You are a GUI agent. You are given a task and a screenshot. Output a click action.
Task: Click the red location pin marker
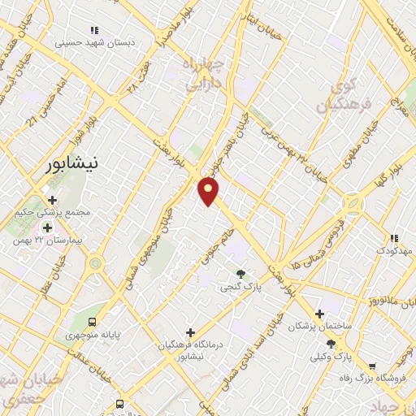click(x=209, y=191)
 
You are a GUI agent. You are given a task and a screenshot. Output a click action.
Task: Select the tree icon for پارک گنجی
click(x=240, y=274)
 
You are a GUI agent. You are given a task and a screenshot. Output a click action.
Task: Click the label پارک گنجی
click(x=240, y=287)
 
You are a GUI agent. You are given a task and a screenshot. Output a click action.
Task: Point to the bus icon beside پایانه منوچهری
click(x=93, y=322)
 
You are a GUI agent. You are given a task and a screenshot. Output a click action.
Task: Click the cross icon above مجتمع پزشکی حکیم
click(x=52, y=199)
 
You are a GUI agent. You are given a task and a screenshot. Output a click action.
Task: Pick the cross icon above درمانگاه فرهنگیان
click(x=190, y=331)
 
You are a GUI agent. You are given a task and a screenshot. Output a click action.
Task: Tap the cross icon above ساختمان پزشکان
click(x=319, y=314)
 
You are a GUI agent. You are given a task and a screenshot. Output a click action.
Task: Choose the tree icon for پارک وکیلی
click(x=331, y=344)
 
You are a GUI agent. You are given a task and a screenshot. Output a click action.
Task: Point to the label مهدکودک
click(x=394, y=251)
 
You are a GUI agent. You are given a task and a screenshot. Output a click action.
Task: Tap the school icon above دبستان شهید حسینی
click(x=96, y=30)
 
